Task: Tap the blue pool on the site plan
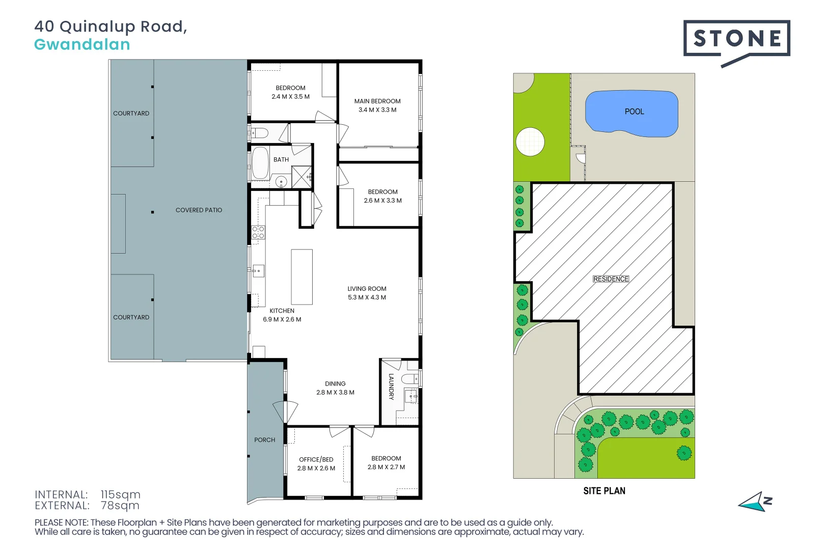tap(631, 114)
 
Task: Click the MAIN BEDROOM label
tap(377, 101)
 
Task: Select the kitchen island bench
tap(301, 277)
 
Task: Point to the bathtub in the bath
tap(260, 163)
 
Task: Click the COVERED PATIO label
tap(199, 210)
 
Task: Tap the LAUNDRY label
tap(391, 387)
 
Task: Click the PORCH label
tap(265, 440)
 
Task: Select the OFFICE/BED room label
tap(316, 459)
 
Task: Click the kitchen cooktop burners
tap(258, 232)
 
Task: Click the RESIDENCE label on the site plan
tap(611, 279)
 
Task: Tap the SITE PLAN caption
tap(604, 491)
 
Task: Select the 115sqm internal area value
tap(120, 494)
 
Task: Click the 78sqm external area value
tap(120, 506)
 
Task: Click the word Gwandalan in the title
tap(82, 45)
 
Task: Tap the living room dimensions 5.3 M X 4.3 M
tap(367, 297)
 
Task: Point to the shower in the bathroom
tap(301, 177)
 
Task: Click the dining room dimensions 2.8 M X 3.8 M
tap(335, 392)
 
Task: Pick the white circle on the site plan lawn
tap(530, 142)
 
